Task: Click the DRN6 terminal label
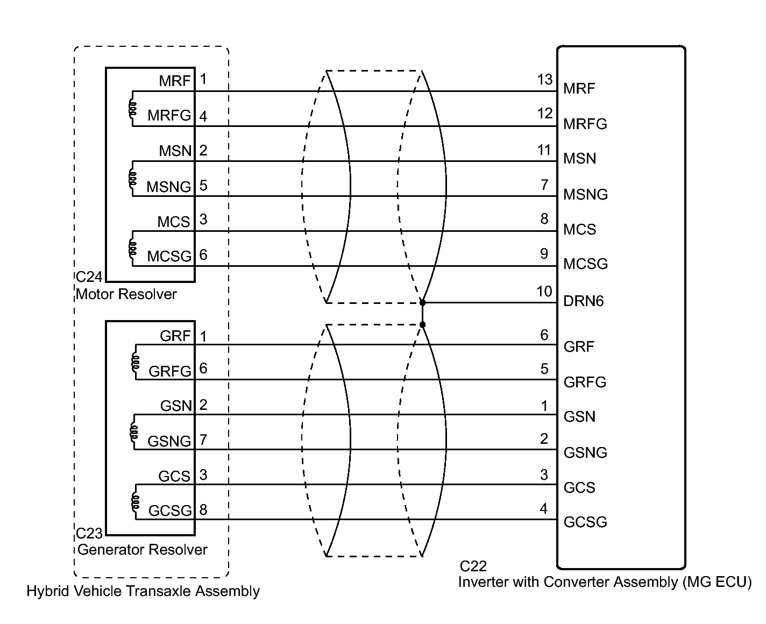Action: coord(583,301)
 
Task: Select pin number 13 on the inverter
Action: coord(544,80)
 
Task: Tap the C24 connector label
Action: coord(89,277)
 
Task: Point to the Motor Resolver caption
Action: coord(126,294)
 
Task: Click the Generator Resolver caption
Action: coord(142,550)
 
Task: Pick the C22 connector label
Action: coord(473,566)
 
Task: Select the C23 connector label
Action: coord(89,533)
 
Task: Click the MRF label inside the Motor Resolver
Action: coord(175,81)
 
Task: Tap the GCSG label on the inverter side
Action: coord(585,522)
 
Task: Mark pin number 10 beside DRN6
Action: coord(544,292)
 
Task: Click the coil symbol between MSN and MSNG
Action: coord(132,178)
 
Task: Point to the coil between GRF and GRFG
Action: coord(134,361)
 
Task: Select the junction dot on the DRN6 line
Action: coord(422,303)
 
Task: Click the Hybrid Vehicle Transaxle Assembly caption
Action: coord(143,592)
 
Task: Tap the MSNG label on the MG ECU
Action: coord(585,194)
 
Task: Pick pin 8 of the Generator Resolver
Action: coord(203,509)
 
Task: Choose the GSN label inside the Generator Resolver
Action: coord(176,406)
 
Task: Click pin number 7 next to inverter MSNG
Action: coord(544,185)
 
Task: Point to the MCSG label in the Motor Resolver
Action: coord(169,257)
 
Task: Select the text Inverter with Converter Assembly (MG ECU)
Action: coord(605,582)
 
